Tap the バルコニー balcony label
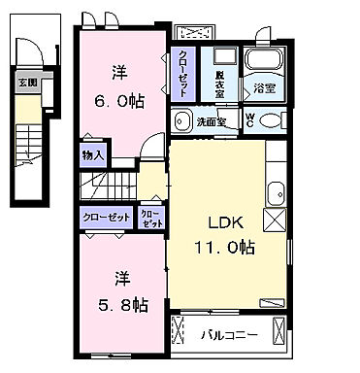(229, 338)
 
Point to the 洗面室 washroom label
(212, 122)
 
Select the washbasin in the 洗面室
(181, 121)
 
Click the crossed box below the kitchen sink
(277, 221)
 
